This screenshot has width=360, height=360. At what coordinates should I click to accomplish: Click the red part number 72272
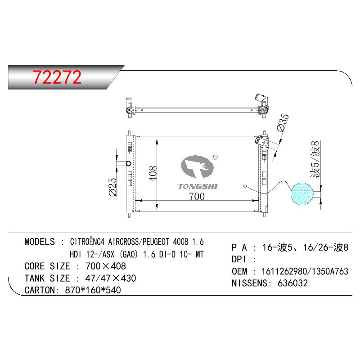coord(57,77)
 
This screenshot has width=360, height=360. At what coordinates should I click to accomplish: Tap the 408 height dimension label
coord(153,174)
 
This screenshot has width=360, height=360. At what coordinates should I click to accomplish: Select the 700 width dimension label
coord(197,197)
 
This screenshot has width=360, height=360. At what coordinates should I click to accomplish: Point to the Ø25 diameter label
coord(113,187)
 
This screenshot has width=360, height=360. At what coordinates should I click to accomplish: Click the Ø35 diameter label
coord(283,122)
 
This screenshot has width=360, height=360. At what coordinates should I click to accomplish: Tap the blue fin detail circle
coord(302,194)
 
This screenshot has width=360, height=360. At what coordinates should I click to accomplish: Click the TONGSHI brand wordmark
coord(198,186)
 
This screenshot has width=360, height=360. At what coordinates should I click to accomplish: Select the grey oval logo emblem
coord(197,166)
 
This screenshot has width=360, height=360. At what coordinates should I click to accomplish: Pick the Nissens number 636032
coord(292,283)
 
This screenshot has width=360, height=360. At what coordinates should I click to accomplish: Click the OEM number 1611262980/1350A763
coord(305,271)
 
